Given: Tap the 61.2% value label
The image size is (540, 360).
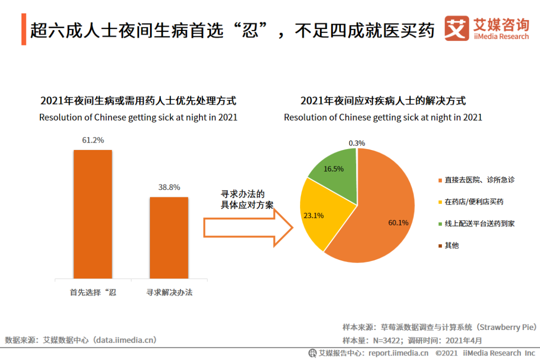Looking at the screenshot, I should click(93, 140).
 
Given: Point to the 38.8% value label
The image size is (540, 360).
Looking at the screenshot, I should click(169, 187).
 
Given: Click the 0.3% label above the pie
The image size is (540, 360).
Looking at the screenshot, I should click(356, 143).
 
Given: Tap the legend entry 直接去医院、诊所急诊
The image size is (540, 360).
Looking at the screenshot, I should click(479, 179).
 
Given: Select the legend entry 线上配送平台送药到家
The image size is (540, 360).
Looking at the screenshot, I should click(479, 223).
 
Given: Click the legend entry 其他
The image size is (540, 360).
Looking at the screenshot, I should click(451, 245).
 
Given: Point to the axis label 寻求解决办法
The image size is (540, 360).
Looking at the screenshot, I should click(169, 292).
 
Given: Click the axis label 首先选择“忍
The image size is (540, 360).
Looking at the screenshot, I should click(93, 292).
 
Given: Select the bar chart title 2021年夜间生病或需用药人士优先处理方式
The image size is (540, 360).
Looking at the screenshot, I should click(138, 100).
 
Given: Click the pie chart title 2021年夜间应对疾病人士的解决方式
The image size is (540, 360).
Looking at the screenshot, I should click(383, 100).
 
